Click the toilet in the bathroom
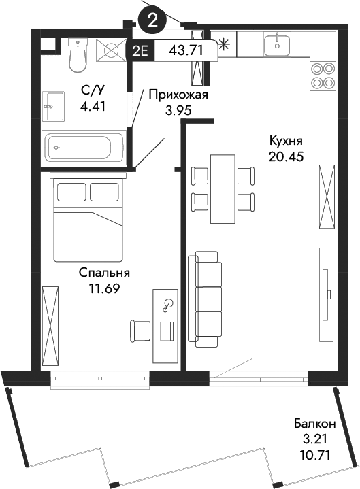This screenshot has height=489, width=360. [x=79, y=55]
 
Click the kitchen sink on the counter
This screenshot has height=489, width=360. [x=277, y=45]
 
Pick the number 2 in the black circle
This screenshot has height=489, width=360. [x=152, y=19]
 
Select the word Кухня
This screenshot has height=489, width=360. [x=285, y=141]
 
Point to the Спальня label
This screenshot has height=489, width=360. [x=104, y=273]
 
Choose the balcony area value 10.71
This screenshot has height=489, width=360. [x=315, y=452]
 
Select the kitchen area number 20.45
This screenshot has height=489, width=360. [x=285, y=156]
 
